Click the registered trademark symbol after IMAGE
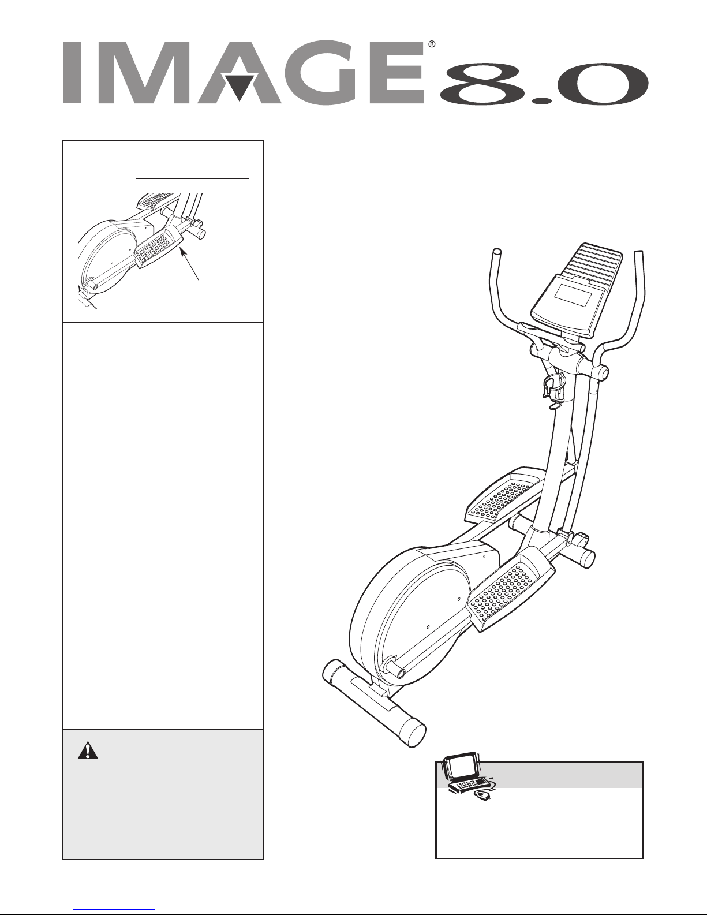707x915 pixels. pos(432,44)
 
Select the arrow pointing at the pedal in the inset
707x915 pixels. pos(189,264)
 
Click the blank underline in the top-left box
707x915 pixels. pos(192,178)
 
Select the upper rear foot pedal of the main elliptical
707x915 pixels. pos(503,496)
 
